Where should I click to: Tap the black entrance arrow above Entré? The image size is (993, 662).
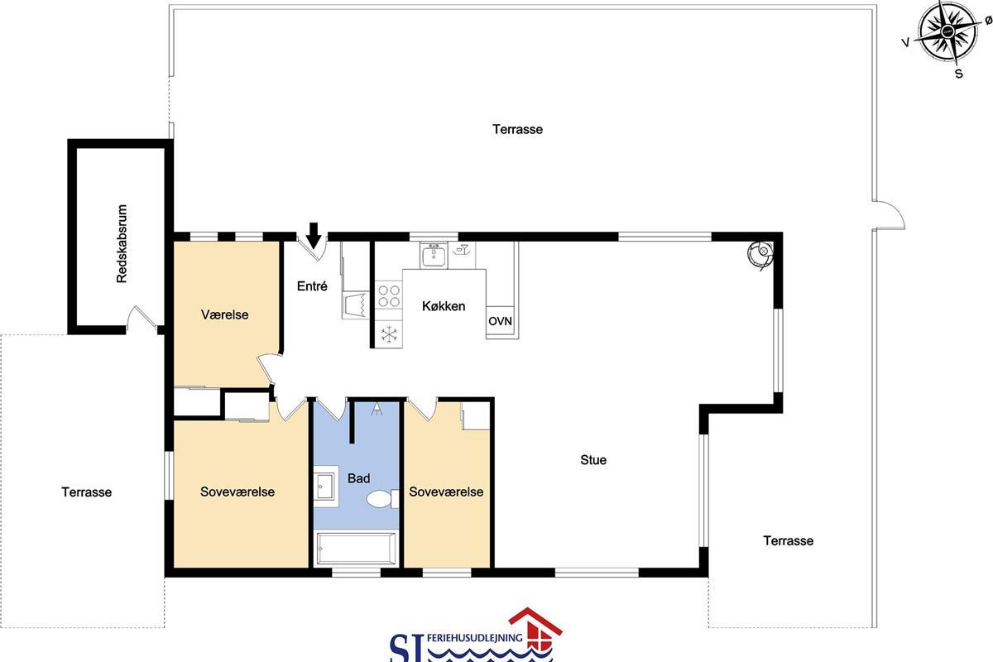[314, 235]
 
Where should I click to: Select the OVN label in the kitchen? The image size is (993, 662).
[500, 321]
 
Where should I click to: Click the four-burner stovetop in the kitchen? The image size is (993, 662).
[389, 296]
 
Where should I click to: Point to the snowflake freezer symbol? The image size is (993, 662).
[389, 334]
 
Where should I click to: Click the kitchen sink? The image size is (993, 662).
[434, 256]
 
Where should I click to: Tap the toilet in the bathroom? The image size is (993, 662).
[382, 499]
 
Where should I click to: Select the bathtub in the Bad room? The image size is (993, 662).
[357, 549]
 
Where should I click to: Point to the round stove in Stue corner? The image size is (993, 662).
[760, 253]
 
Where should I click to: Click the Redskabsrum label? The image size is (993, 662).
[122, 243]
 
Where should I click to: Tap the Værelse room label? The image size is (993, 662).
[225, 314]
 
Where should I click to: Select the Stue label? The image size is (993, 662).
[593, 460]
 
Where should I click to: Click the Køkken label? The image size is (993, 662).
[444, 306]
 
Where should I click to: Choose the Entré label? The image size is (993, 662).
[312, 286]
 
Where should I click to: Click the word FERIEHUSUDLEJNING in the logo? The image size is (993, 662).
[475, 638]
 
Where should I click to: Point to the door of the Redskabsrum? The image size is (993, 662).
[142, 319]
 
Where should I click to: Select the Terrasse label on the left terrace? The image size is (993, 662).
[86, 492]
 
